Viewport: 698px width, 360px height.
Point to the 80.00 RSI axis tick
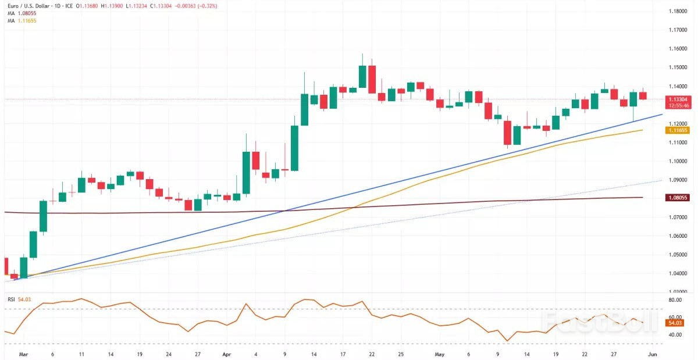coord(675,300)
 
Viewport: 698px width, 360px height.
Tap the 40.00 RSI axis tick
coord(675,335)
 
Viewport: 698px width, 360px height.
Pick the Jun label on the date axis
coord(653,353)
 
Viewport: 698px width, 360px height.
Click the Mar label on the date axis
coord(23,353)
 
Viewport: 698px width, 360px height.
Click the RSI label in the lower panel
coord(11,300)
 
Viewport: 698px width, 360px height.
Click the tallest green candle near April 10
coord(294,148)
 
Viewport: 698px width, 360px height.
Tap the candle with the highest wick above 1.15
coord(362,76)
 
